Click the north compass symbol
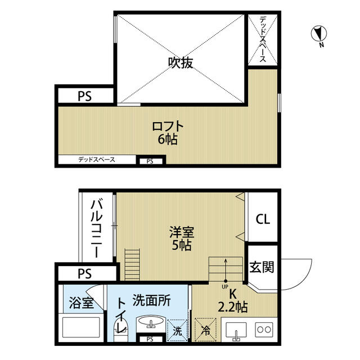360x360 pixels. [x=319, y=34]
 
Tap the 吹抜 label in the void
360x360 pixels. [x=181, y=62]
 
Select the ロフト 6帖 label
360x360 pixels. [x=168, y=133]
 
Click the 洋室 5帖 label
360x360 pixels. [x=182, y=238]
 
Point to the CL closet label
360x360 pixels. [x=263, y=219]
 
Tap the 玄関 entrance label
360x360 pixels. [x=262, y=267]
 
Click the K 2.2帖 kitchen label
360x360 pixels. [x=232, y=300]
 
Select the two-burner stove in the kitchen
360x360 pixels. [x=264, y=330]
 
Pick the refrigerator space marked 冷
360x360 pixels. [x=205, y=330]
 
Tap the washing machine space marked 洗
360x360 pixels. [x=178, y=330]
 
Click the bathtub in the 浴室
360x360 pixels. [x=81, y=327]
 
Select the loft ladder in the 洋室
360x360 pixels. [x=132, y=264]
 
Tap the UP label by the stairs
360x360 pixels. [x=225, y=286]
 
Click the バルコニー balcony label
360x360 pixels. [x=97, y=228]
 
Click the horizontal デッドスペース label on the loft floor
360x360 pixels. [x=97, y=160]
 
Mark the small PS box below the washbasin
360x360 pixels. [x=150, y=339]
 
